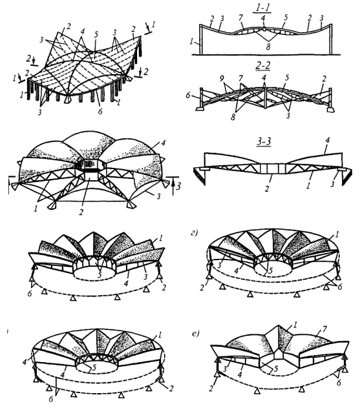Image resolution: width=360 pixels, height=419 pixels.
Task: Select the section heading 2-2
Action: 262,65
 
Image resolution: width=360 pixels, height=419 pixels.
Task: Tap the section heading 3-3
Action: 264,141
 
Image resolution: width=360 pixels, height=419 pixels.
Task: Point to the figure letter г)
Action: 195,233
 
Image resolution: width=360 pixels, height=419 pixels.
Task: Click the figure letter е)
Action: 196,333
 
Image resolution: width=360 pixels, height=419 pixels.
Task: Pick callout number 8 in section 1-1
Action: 268,46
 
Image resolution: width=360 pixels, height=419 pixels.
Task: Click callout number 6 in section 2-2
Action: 188,95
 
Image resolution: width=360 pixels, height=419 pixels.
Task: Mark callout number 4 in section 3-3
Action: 328,140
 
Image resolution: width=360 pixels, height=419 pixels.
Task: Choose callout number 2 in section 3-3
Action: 267,189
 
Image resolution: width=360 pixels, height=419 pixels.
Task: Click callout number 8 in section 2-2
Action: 233,116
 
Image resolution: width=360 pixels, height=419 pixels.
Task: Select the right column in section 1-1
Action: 331,39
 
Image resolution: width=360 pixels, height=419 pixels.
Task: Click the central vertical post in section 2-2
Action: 265,98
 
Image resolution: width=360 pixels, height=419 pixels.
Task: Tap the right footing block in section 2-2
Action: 330,110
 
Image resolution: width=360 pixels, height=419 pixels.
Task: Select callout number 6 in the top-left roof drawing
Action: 100,111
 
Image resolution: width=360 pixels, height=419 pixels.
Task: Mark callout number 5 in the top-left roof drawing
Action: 96,34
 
